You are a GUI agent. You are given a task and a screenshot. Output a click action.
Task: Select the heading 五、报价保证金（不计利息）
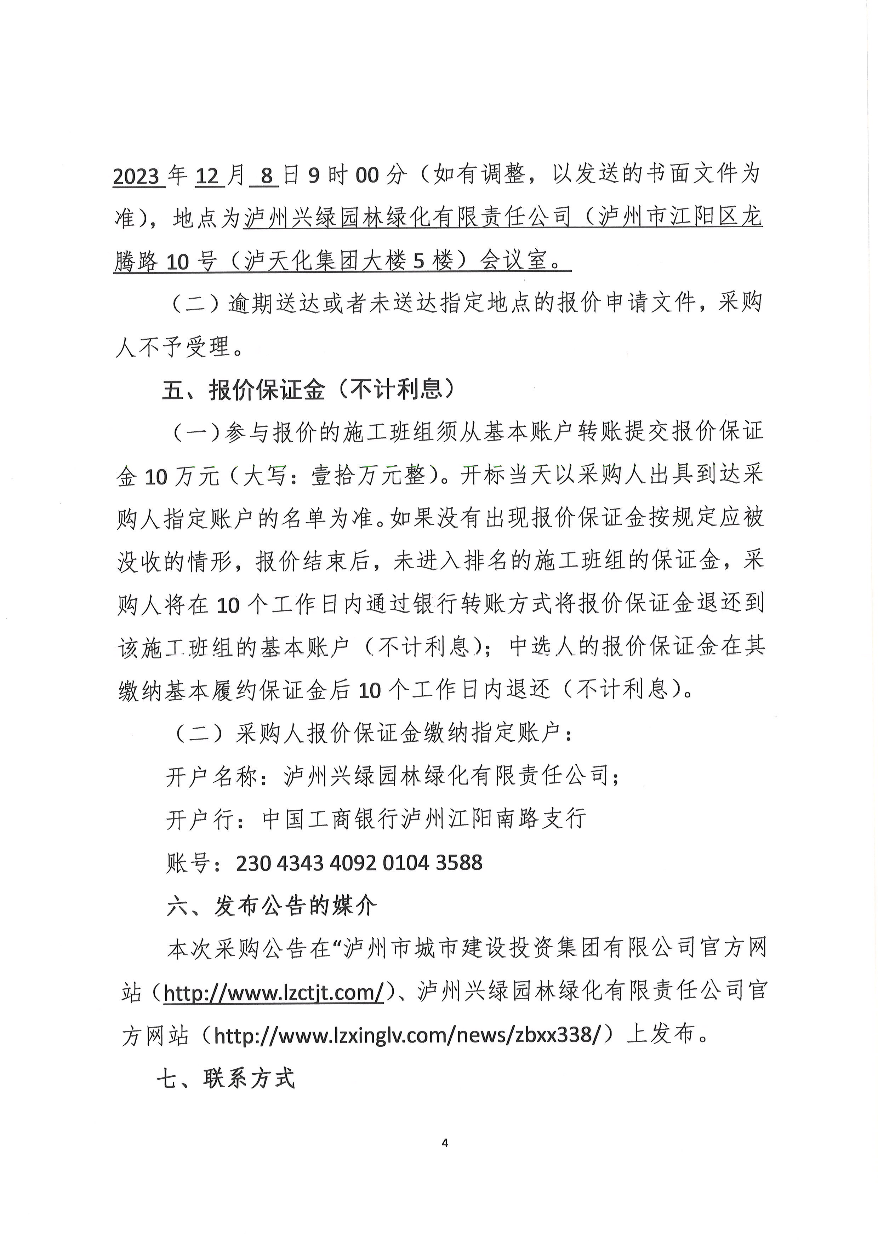(308, 390)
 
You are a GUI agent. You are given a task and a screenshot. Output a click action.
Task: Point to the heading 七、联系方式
(226, 1078)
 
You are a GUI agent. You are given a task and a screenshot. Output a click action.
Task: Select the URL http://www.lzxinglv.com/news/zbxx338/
(407, 1035)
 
